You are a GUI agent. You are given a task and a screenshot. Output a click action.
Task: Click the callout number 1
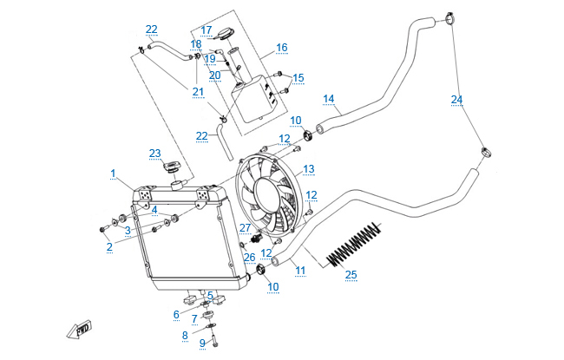tap(114, 173)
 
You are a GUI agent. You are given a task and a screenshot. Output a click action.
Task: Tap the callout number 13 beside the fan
tap(308, 167)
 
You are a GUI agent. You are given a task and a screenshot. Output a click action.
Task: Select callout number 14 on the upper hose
tap(328, 97)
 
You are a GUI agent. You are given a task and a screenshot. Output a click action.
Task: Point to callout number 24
tap(456, 99)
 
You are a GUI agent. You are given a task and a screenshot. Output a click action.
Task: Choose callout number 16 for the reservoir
tap(281, 47)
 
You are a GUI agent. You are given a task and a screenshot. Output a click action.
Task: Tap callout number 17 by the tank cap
tap(207, 29)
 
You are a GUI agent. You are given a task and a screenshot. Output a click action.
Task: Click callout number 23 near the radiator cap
tap(154, 154)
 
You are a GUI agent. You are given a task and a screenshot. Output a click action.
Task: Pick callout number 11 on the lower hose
tap(300, 271)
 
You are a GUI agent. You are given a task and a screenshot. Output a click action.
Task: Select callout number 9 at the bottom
tap(202, 343)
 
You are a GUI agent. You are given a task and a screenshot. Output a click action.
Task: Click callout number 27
tap(245, 227)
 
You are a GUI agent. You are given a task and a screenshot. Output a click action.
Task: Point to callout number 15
tap(298, 78)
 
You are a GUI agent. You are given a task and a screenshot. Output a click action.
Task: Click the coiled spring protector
tap(356, 245)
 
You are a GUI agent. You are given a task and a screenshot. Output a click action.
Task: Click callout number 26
tap(249, 257)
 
